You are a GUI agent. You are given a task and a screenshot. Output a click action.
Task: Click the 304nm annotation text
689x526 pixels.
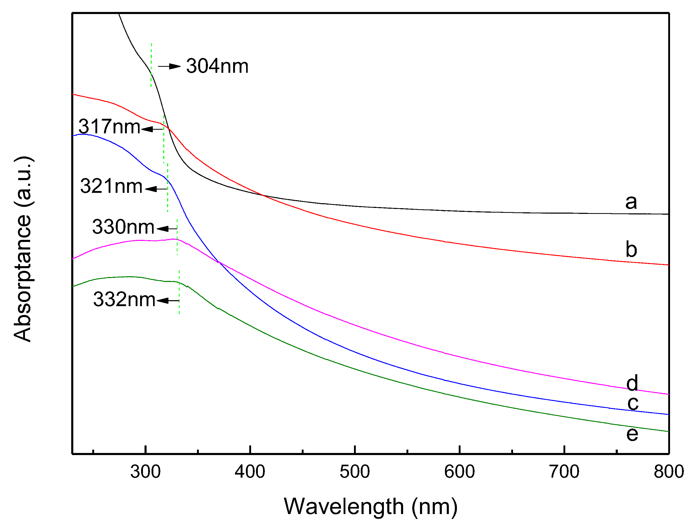click(x=217, y=66)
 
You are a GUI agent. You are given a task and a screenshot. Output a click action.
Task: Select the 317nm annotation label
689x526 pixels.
click(x=109, y=127)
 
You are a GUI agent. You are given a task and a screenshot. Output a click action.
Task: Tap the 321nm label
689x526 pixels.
click(x=111, y=186)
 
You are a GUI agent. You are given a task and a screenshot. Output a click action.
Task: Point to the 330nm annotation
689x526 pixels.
click(x=123, y=227)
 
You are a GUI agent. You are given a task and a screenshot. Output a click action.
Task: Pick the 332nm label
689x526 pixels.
click(x=124, y=299)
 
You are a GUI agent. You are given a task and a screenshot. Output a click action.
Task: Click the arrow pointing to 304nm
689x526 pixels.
click(x=169, y=66)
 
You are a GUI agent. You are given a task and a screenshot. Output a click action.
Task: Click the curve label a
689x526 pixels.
click(x=631, y=202)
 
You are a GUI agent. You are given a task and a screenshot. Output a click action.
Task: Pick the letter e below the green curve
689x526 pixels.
click(x=632, y=434)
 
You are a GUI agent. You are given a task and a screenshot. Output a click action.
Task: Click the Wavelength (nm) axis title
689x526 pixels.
click(x=371, y=507)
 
